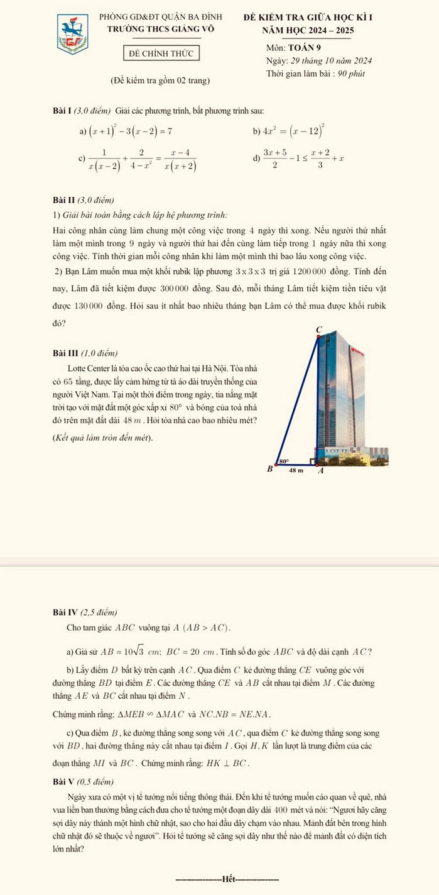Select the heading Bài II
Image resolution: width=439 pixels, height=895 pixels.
(63, 200)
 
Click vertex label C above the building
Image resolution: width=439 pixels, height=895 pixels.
(318, 329)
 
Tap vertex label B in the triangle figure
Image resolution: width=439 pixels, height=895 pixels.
(270, 469)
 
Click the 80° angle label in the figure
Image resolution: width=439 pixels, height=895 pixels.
(283, 460)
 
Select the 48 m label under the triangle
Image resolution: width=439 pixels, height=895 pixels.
(295, 470)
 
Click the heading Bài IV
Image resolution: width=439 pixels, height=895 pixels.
(65, 612)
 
